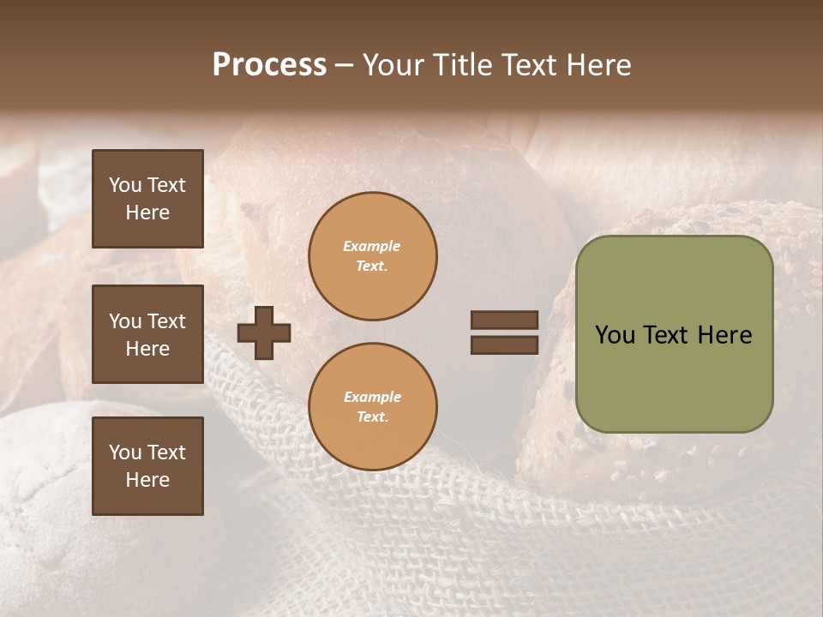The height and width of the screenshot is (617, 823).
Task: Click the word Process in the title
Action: tap(269, 65)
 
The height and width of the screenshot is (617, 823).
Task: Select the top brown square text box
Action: tap(147, 199)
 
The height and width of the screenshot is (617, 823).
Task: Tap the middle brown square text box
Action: tap(147, 334)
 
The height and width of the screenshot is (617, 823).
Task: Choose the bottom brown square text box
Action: tap(147, 466)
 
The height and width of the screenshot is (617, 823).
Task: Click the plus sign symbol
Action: tap(264, 332)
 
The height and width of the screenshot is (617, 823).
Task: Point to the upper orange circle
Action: tap(372, 256)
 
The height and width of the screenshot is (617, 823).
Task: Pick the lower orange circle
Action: tap(372, 406)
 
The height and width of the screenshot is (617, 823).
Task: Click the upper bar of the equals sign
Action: tap(504, 320)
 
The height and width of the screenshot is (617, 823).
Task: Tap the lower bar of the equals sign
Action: tap(504, 344)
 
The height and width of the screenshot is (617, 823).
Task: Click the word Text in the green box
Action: tap(666, 335)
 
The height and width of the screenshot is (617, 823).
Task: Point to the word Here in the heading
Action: tap(598, 65)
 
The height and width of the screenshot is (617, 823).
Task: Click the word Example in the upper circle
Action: tap(371, 246)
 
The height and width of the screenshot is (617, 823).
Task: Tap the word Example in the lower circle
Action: tap(371, 397)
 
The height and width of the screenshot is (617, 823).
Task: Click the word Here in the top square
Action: tap(147, 213)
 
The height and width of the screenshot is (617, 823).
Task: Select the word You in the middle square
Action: tap(124, 321)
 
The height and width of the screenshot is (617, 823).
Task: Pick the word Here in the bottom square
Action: tap(147, 480)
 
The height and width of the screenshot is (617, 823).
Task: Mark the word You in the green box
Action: tap(615, 335)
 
